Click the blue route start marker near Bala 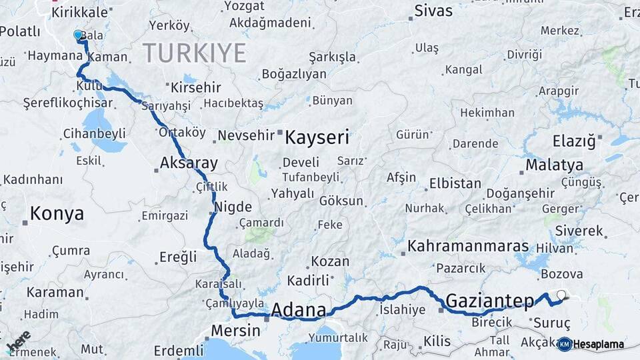coord(78,35)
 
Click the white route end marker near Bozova coord(561,295)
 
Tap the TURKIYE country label coord(194,52)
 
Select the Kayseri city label coord(317,138)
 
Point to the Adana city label coord(299,310)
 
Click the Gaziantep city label coord(490,301)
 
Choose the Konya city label coord(57,213)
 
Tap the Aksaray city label coord(189,163)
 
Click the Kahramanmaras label coord(468,246)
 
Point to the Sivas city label coord(433,11)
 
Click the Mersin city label coord(234,330)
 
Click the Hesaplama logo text coord(598,344)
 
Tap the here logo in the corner coord(19,341)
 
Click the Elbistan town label coord(455,183)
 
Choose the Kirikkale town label coord(79,13)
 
